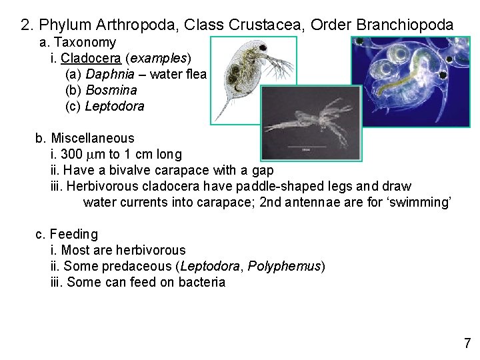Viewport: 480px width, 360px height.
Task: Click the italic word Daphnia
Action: coord(108,74)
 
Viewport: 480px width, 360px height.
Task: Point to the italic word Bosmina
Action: coord(111,90)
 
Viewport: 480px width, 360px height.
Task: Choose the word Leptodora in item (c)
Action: coord(115,106)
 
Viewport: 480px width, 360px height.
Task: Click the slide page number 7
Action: coord(467,343)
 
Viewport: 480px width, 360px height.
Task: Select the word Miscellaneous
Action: coord(93,139)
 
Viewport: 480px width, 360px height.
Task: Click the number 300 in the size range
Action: coord(72,155)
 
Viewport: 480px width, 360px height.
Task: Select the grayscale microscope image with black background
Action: coord(311,123)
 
